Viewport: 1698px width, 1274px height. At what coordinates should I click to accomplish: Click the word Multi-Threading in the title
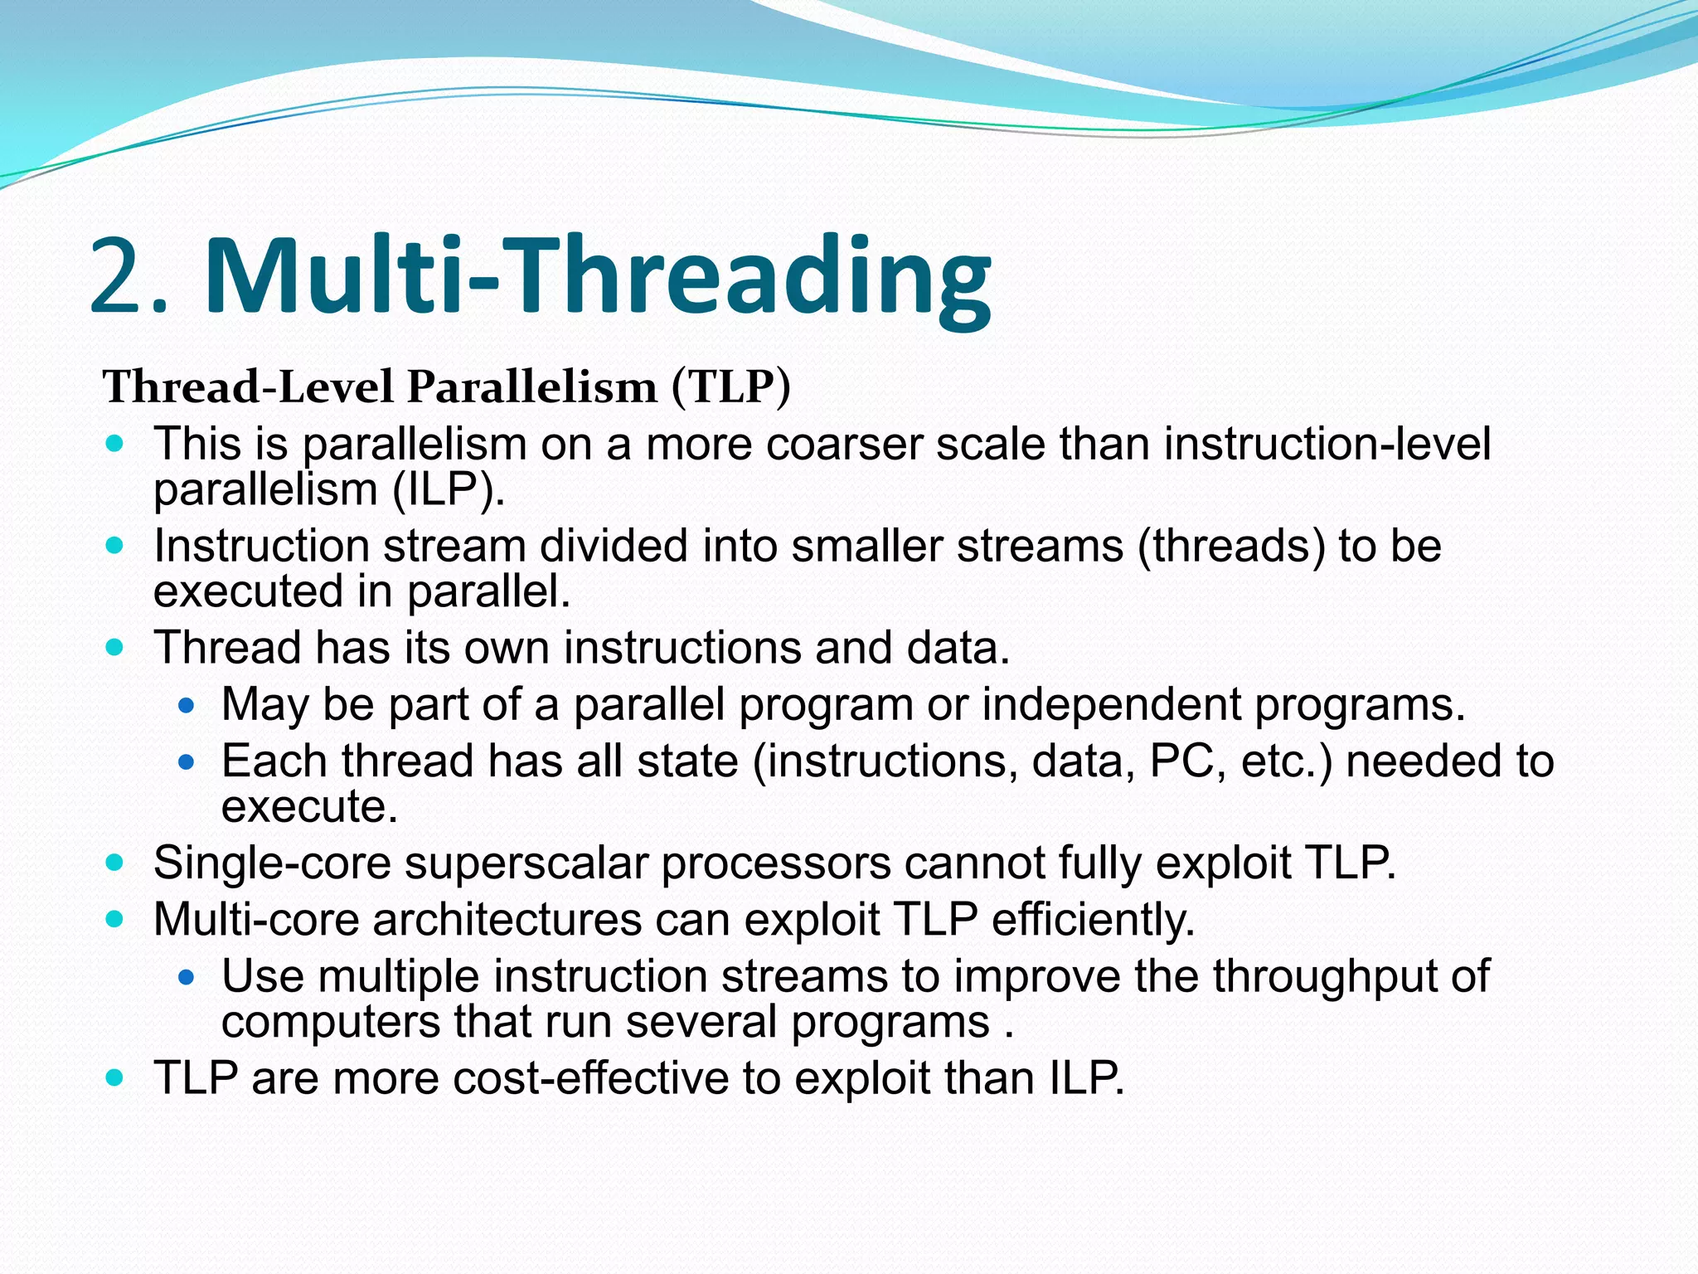tap(597, 276)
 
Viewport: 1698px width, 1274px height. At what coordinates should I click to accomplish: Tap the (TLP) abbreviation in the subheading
tap(730, 387)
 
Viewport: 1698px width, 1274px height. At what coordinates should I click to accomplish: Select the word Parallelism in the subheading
tap(531, 387)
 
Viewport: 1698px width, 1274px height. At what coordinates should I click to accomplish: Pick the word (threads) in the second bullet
tap(1230, 547)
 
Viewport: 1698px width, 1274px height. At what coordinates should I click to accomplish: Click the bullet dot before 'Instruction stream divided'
tap(115, 546)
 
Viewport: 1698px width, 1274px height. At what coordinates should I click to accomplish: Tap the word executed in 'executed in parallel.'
tap(248, 591)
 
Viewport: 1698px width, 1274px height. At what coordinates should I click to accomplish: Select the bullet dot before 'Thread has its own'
tap(115, 647)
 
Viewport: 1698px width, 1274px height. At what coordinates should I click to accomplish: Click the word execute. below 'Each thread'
tap(309, 807)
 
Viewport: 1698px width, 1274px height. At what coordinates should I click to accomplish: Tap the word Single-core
tap(271, 863)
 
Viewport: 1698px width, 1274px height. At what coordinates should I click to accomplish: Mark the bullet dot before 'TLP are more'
tap(115, 1078)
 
